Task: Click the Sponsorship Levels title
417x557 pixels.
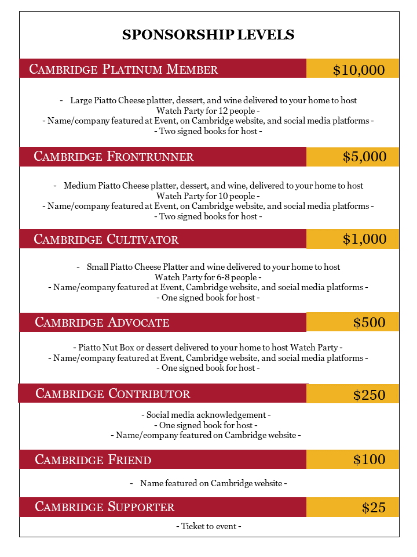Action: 208,35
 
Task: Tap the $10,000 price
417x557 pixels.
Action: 359,70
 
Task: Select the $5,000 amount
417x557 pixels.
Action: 364,157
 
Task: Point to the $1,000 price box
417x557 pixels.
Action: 364,239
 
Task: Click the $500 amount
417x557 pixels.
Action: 369,323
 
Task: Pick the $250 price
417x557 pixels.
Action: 369,395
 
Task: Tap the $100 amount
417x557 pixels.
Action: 369,460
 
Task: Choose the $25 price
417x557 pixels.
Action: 374,508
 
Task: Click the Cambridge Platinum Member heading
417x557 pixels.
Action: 123,70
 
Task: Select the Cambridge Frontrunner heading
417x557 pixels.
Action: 114,157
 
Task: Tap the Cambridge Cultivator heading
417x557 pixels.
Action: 106,239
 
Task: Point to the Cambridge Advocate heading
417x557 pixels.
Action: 102,323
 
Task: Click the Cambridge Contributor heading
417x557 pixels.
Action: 112,394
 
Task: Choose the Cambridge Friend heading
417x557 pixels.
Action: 93,460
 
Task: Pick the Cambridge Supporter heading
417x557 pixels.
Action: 104,507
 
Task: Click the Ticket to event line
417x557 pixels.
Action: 209,526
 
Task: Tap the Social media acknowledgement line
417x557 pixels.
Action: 206,415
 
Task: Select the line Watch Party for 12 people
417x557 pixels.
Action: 208,110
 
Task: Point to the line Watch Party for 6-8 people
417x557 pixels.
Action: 208,277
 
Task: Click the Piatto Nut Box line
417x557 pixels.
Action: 208,348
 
